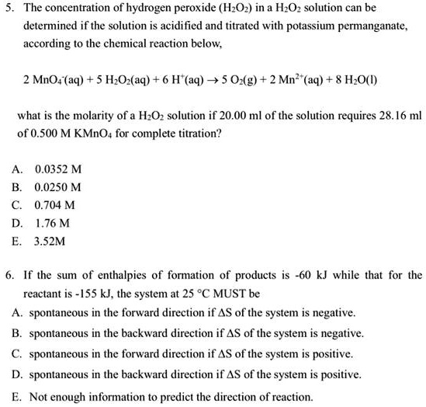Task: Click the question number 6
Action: [x=7, y=275]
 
